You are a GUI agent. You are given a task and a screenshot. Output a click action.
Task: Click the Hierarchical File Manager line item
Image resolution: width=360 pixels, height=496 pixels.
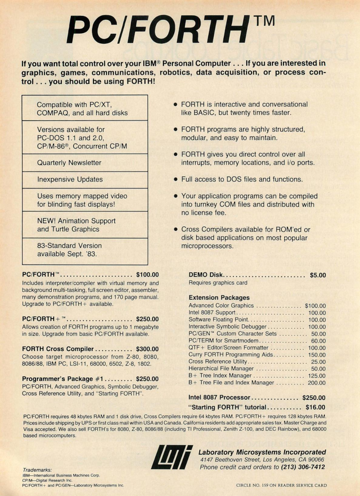(x=221, y=368)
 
